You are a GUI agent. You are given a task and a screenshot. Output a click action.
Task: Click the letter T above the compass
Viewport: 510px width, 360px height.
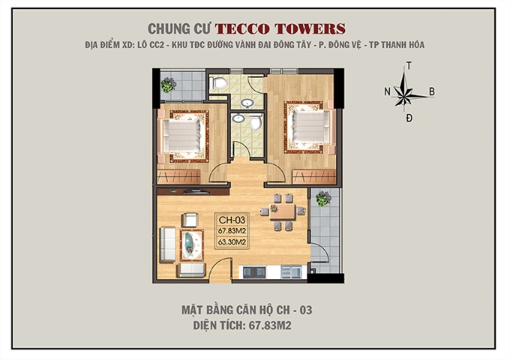(x=408, y=67)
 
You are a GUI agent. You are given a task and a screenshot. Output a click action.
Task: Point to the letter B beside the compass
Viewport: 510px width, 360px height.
(x=432, y=92)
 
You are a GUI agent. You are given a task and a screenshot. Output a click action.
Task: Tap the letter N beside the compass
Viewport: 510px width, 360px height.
(x=387, y=92)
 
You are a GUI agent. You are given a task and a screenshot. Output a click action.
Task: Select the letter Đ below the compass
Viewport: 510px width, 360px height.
(x=409, y=118)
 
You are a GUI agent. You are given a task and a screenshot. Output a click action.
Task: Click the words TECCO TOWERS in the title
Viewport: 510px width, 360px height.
(x=280, y=28)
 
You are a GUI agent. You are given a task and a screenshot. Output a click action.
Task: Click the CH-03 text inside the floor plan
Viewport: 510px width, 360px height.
(x=232, y=220)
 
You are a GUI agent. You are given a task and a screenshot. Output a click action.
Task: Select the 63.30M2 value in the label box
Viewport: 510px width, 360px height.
(x=232, y=243)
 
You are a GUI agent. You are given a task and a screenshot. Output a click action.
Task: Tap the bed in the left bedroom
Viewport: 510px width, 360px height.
(x=184, y=136)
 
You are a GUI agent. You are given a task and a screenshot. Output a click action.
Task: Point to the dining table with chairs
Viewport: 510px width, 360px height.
(x=282, y=211)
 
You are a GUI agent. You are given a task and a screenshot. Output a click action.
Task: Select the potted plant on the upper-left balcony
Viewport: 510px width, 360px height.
(x=169, y=85)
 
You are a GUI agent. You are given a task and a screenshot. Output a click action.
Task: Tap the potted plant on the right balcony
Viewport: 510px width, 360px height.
(x=322, y=199)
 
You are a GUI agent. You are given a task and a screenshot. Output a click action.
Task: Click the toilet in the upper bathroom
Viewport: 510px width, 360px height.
(x=218, y=83)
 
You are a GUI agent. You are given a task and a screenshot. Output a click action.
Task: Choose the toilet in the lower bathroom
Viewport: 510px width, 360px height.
(x=256, y=121)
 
